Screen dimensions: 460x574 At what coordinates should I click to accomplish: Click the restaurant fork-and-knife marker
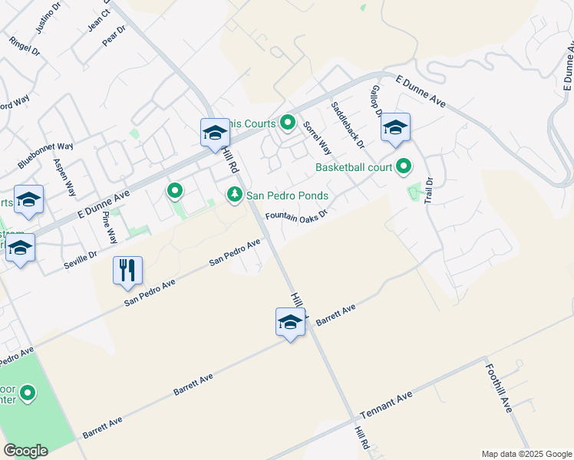[x=127, y=271]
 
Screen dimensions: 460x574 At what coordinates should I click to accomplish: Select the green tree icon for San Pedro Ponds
[x=234, y=195]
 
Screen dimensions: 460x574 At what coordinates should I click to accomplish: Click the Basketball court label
[x=353, y=166]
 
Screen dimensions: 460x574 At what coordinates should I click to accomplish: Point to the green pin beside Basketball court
[x=403, y=166]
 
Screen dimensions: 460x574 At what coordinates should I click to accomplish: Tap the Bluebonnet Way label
[x=46, y=156]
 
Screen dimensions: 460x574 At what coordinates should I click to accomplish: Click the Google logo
[x=25, y=451]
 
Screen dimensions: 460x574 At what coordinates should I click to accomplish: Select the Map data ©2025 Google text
[x=526, y=454]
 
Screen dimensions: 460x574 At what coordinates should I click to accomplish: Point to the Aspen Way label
[x=64, y=178]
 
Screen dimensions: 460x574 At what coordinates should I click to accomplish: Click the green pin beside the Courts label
[x=288, y=123]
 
